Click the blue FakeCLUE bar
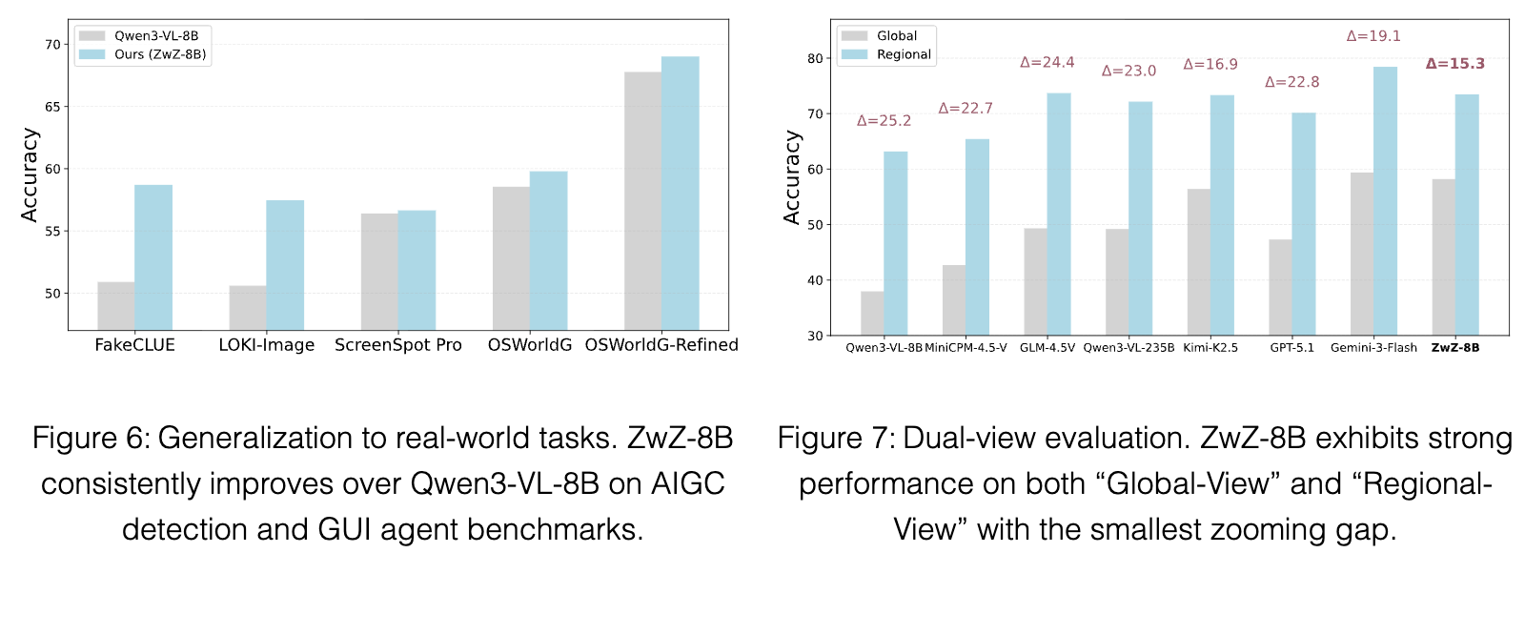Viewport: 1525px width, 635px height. click(153, 257)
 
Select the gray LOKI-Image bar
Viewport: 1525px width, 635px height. click(248, 308)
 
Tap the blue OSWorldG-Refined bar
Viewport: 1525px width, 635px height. click(681, 194)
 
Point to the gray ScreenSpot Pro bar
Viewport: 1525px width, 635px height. click(379, 272)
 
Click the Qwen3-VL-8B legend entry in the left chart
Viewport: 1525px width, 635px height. click(139, 36)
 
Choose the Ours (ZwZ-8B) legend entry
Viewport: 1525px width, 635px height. click(142, 54)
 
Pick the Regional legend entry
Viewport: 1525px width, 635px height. click(885, 54)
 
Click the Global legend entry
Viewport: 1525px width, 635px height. click(879, 36)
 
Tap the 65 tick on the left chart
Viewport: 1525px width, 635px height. click(52, 107)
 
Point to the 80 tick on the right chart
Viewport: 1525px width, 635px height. click(815, 58)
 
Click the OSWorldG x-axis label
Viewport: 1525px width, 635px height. click(530, 345)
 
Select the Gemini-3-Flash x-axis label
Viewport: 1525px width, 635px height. click(1373, 347)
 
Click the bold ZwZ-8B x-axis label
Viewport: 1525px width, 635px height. click(1455, 347)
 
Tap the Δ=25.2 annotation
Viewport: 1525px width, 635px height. click(884, 120)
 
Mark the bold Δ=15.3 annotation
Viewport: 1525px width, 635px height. click(1455, 64)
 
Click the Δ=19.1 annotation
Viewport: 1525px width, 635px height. click(1373, 36)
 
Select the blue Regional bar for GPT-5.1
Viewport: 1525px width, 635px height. click(1304, 224)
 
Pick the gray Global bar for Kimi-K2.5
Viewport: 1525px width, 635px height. click(1199, 262)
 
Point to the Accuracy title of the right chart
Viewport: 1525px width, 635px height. click(792, 177)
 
